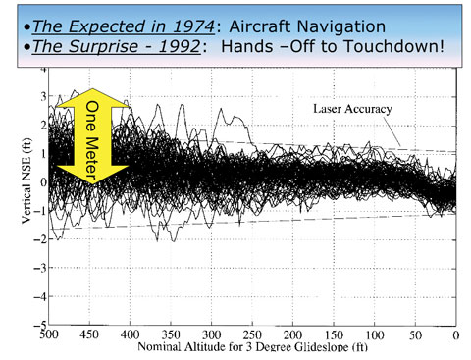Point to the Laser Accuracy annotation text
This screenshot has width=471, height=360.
[354, 109]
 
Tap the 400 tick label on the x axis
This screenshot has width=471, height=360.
[130, 335]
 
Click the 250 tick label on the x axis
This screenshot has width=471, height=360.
[252, 335]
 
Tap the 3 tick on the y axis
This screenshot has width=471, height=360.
[41, 97]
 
